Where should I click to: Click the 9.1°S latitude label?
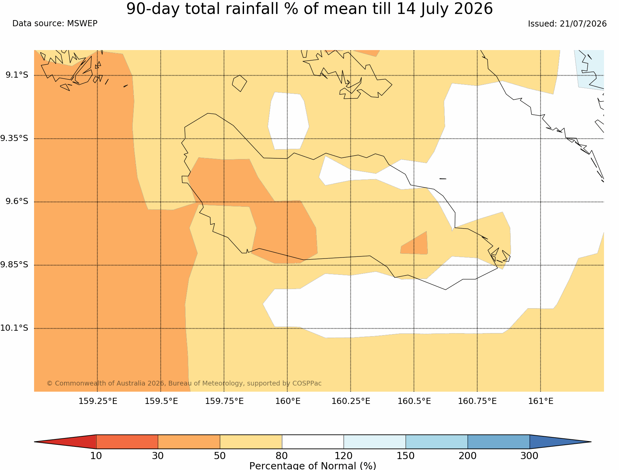point(17,75)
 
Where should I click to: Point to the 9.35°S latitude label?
point(14,138)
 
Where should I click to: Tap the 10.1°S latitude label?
point(14,328)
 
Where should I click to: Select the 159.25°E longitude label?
point(98,401)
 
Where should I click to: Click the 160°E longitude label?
point(288,401)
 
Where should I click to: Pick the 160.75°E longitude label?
point(477,401)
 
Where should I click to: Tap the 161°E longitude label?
point(541,401)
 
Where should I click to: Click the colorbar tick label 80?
point(282,456)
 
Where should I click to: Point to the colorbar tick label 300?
point(529,456)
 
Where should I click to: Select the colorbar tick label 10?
point(96,456)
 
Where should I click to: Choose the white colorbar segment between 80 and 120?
point(313,442)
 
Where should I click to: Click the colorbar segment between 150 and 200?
point(437,442)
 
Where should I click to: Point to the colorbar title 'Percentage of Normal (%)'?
point(313,466)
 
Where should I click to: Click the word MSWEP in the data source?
point(82,23)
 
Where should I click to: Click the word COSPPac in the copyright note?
point(307,383)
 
